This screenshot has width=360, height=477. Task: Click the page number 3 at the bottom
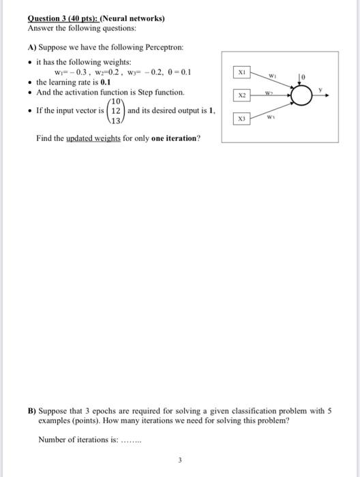(180, 460)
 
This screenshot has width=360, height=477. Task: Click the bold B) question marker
(32, 412)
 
